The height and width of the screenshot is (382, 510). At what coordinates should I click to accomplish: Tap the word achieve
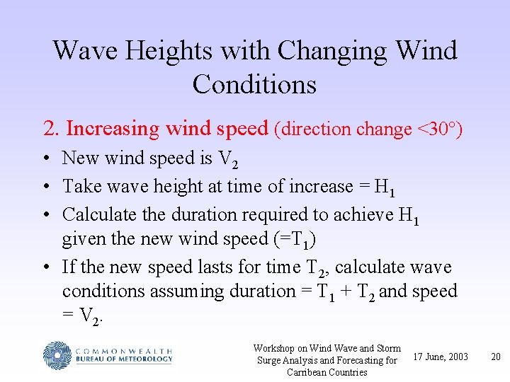pyautogui.click(x=365, y=214)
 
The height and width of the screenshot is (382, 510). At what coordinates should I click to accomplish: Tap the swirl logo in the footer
pyautogui.click(x=57, y=354)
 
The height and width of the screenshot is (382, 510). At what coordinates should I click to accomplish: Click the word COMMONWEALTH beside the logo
pyautogui.click(x=123, y=349)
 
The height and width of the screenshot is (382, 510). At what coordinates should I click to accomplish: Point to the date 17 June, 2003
pyautogui.click(x=440, y=357)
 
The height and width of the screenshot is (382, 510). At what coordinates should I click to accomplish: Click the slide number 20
pyautogui.click(x=496, y=357)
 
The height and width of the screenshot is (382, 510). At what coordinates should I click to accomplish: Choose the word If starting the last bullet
pyautogui.click(x=69, y=267)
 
